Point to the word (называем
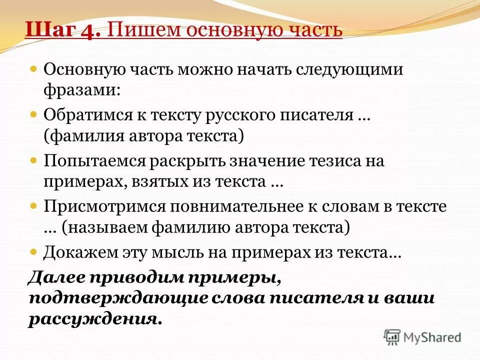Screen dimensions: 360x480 (x=103, y=228)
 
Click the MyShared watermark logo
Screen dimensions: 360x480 (x=423, y=337)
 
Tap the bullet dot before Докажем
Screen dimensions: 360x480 (x=33, y=250)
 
